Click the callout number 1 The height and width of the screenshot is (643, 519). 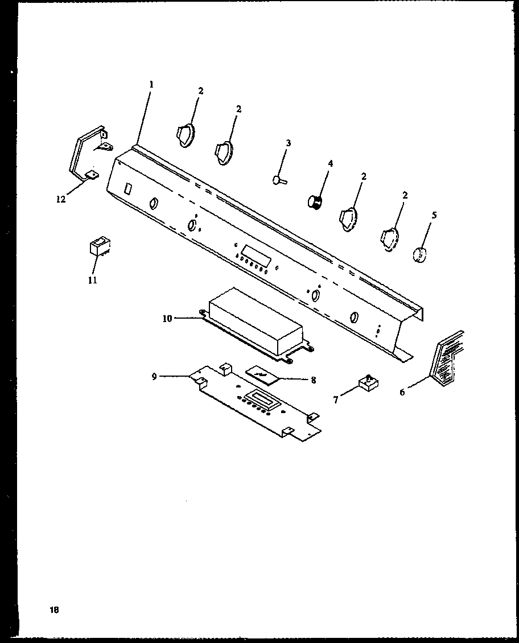coord(151,84)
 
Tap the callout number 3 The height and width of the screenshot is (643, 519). coord(288,143)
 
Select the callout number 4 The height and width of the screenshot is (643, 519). coord(330,163)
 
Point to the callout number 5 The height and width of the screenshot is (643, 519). coord(434,215)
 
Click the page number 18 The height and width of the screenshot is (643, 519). coord(54,610)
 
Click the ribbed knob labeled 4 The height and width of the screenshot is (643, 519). coord(314,201)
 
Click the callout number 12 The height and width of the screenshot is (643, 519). coord(61,199)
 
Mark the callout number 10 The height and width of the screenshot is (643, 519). coord(167,319)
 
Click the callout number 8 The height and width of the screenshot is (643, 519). coord(313,380)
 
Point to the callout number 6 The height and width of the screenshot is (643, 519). coord(402,392)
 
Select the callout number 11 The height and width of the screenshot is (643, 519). coord(92,280)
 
